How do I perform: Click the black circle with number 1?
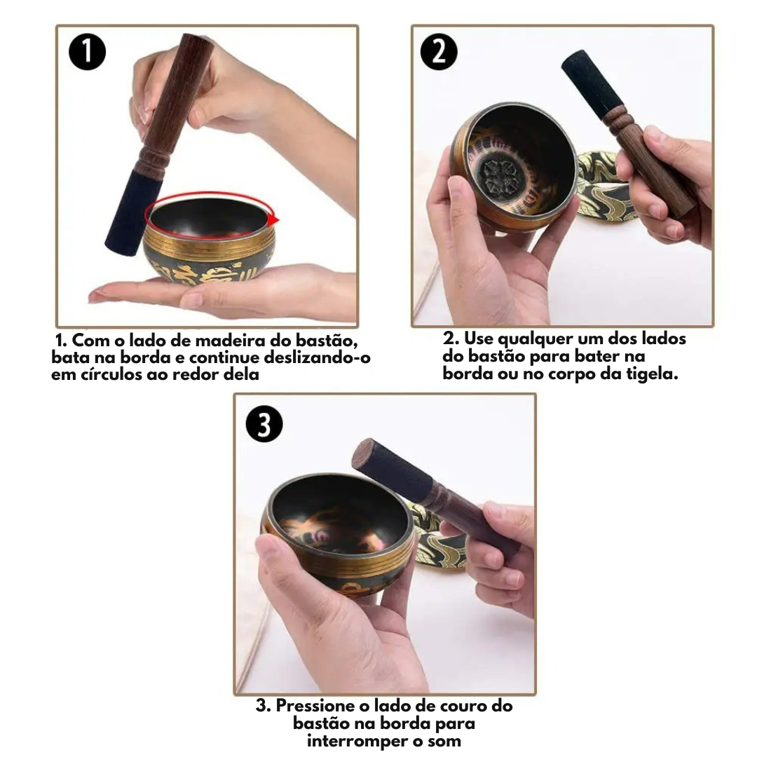click(88, 52)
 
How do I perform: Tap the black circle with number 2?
click(439, 52)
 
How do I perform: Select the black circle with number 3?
click(264, 424)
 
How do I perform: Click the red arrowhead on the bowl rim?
click(274, 219)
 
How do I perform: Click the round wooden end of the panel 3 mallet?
click(363, 452)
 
